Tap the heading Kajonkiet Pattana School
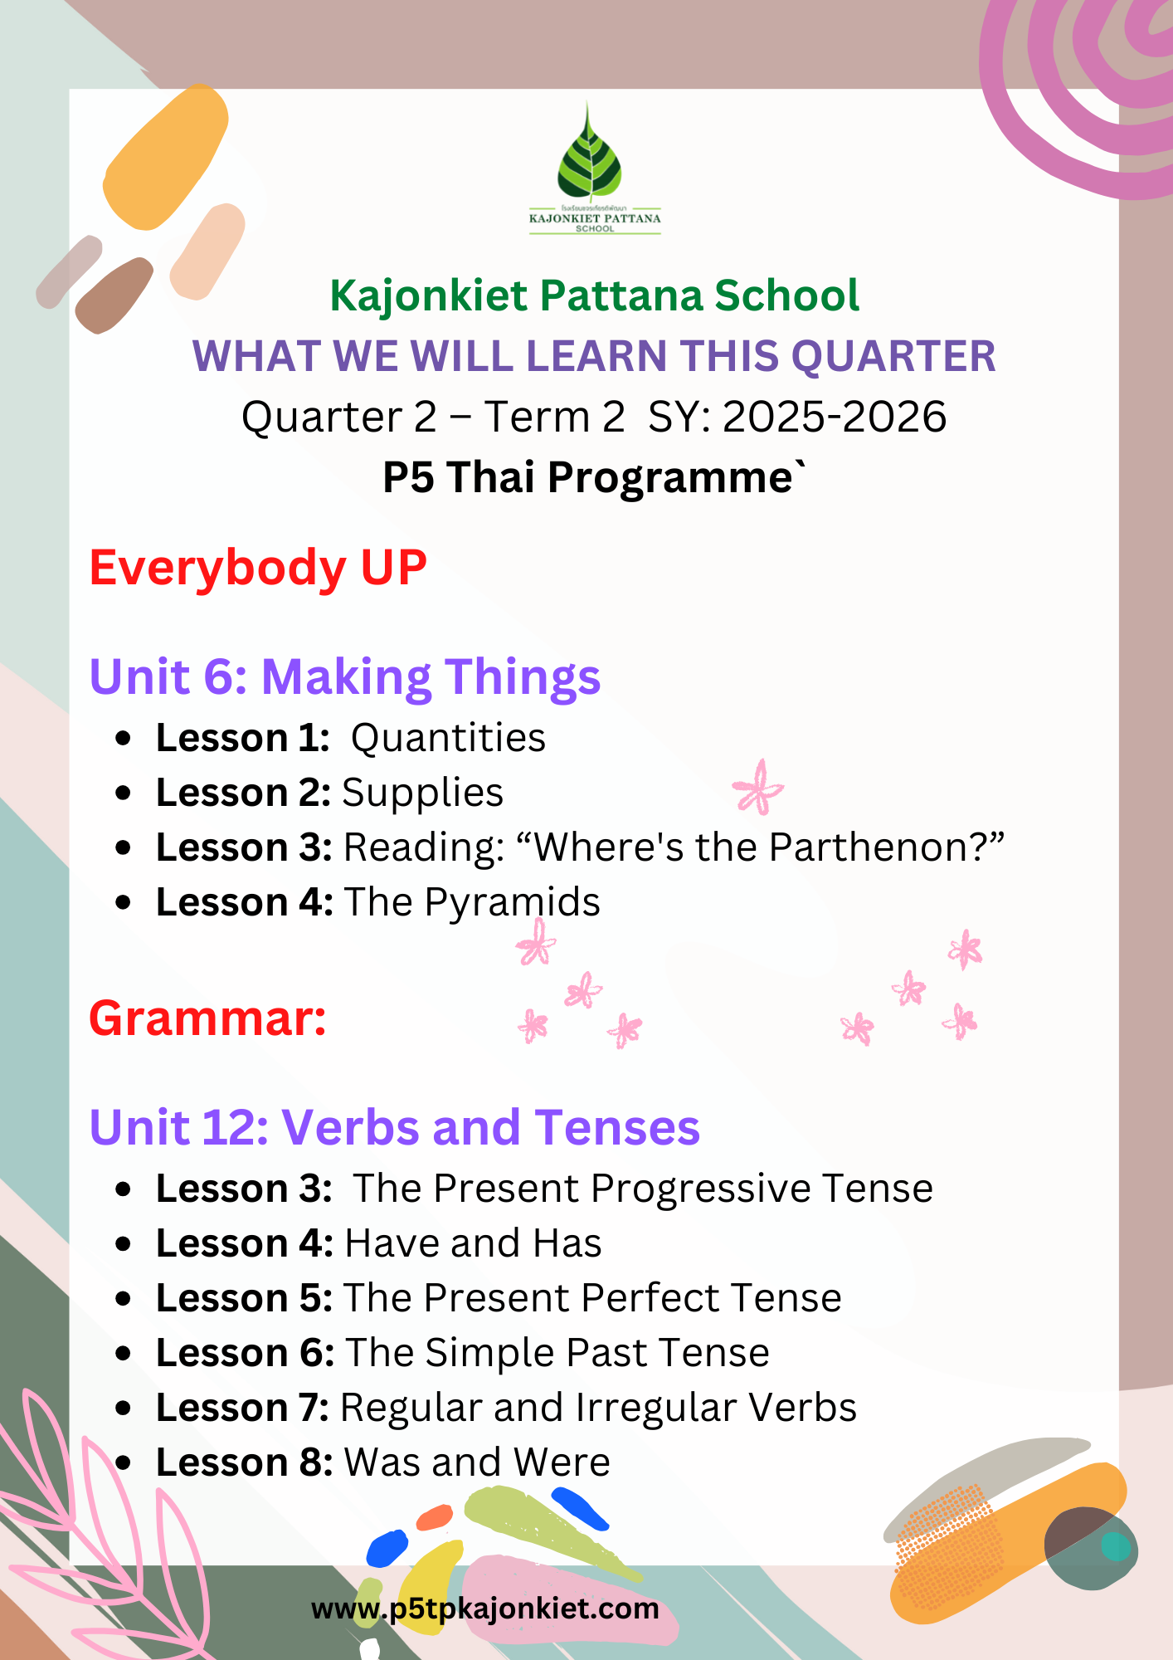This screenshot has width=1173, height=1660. pos(594,296)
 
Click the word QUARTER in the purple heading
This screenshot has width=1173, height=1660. pos(893,356)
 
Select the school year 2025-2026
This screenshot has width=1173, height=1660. pos(835,417)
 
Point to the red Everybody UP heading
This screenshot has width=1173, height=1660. pos(258,569)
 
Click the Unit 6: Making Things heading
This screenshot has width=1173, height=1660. pos(345,677)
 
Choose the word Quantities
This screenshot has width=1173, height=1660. pos(448,738)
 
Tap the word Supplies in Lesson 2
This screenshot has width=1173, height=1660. pos(422,793)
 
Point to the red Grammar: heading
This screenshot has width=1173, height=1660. pos(208,1018)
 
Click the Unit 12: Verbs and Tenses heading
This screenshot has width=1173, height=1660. pos(395,1127)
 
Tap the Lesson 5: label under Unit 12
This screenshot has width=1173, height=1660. pos(245,1298)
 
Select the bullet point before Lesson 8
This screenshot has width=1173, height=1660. pos(124,1462)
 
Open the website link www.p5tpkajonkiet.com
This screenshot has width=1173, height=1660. pos(485,1609)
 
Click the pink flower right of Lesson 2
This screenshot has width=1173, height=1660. pos(757,787)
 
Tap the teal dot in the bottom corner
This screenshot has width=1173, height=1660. pos(1115,1546)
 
